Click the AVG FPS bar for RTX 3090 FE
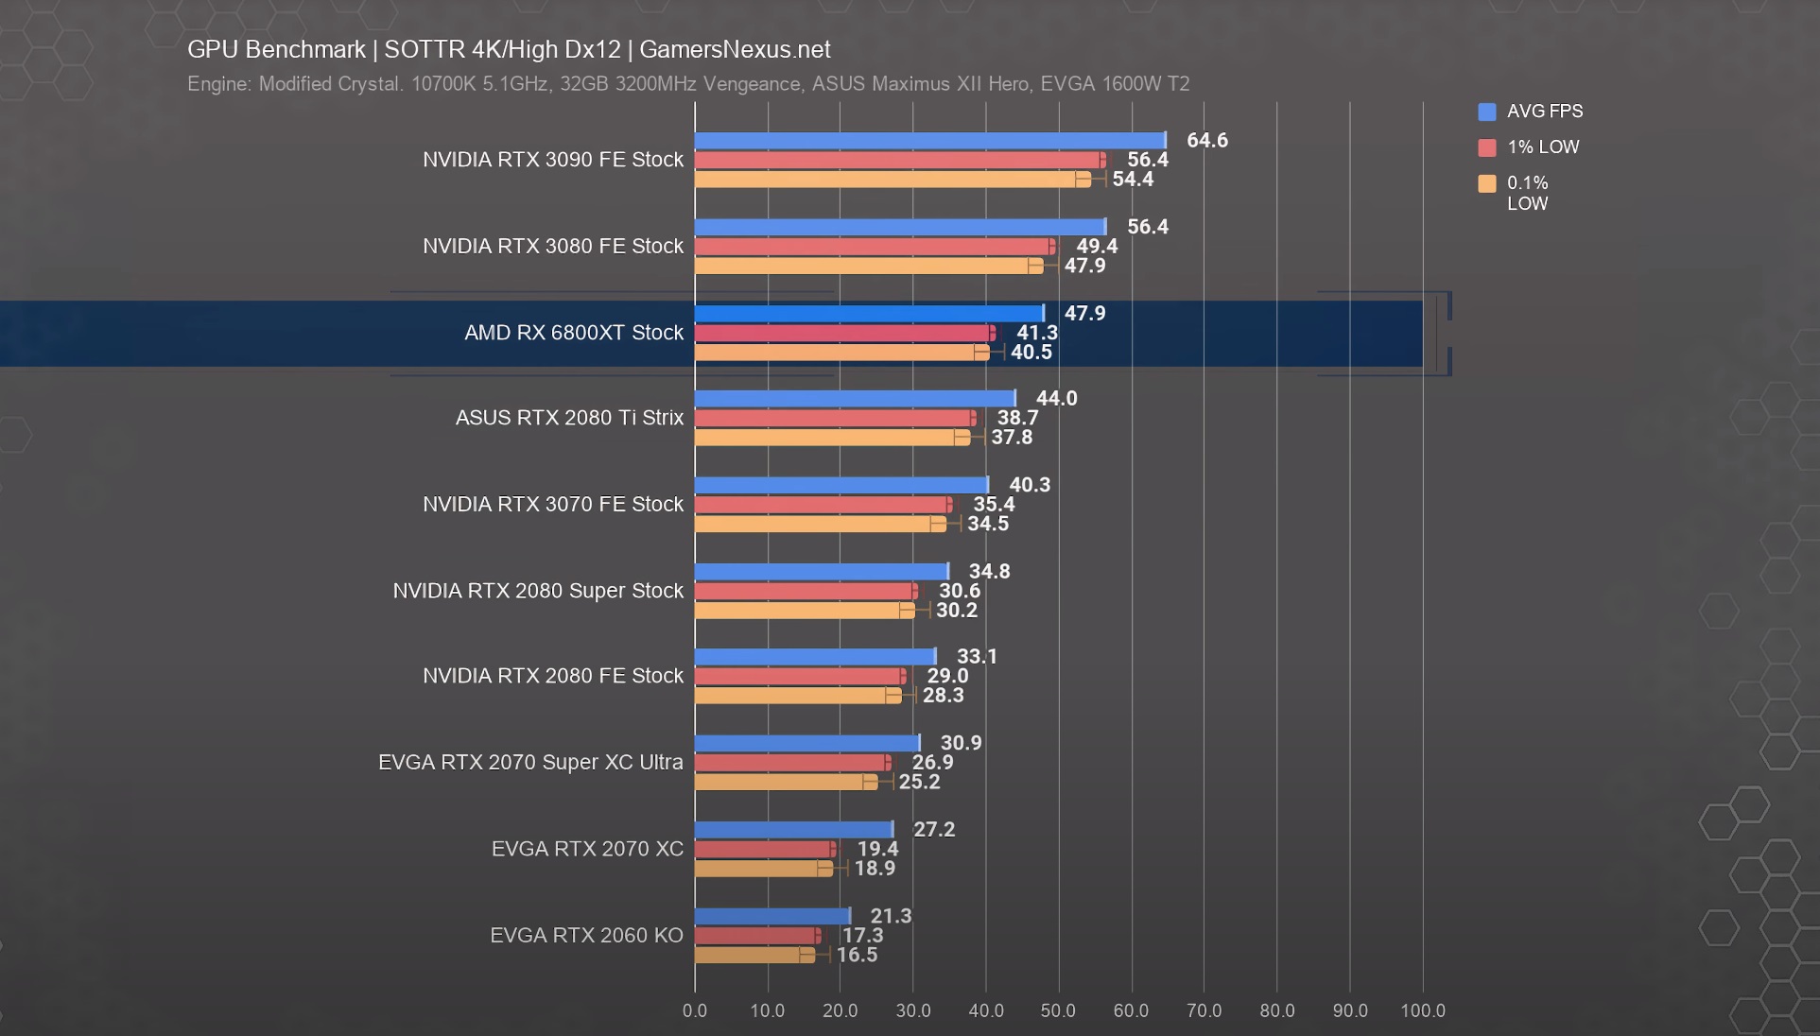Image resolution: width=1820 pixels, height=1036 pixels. pos(929,141)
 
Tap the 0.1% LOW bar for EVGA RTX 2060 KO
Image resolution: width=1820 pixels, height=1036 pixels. pos(754,955)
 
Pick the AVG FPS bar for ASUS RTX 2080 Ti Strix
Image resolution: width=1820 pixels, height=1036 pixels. pos(855,399)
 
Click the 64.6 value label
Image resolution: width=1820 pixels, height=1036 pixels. pos(1206,141)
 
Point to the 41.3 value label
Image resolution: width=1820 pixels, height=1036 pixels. pos(1036,333)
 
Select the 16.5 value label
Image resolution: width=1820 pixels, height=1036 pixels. pos(857,955)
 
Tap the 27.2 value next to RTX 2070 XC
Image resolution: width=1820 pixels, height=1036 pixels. pos(933,830)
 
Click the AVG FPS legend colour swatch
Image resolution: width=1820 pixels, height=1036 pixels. pos(1486,112)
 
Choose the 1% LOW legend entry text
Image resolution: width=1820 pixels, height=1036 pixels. pos(1542,147)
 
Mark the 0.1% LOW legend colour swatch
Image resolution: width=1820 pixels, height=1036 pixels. pos(1486,183)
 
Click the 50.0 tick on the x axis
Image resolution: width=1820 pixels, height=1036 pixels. pos(1058,1010)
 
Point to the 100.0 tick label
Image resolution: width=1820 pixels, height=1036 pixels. pos(1422,1010)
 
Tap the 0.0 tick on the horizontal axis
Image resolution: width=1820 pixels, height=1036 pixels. pos(695,1010)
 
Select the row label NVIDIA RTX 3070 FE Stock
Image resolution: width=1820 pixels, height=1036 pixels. pos(552,505)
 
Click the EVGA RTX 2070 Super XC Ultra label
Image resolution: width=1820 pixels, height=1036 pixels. pos(530,763)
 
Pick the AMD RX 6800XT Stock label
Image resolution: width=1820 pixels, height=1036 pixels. pos(573,333)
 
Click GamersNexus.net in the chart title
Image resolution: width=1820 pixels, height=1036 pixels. pos(735,50)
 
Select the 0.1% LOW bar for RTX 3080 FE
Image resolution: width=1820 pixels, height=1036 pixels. pos(868,266)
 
